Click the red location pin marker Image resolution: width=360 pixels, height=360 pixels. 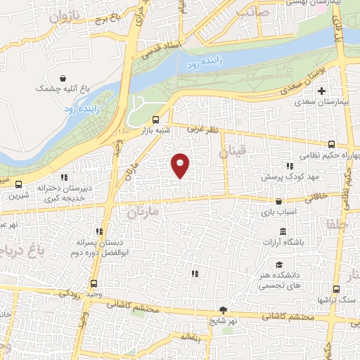pyautogui.click(x=181, y=165)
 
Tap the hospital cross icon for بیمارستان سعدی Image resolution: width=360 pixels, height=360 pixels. pyautogui.click(x=321, y=91)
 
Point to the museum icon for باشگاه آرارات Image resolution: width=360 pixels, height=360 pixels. pyautogui.click(x=283, y=232)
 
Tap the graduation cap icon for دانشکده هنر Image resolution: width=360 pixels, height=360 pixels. pyautogui.click(x=279, y=265)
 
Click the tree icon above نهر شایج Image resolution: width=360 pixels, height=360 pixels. pyautogui.click(x=224, y=310)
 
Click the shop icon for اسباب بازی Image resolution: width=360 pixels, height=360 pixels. pyautogui.click(x=278, y=201)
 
